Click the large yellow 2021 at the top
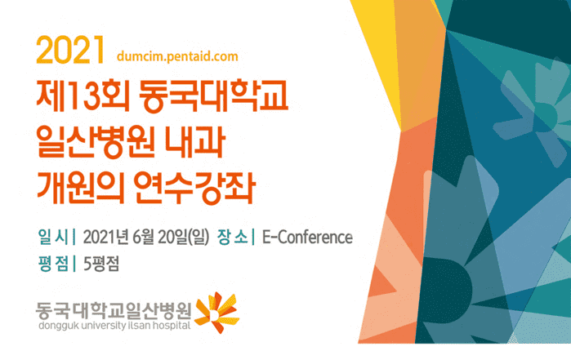click(x=70, y=50)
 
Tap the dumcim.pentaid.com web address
click(x=177, y=56)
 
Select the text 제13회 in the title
click(x=83, y=96)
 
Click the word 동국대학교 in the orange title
click(x=213, y=96)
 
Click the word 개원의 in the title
click(x=80, y=188)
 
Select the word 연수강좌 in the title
click(x=194, y=188)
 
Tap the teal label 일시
click(x=53, y=237)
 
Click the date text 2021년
click(x=106, y=238)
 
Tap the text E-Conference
click(x=307, y=238)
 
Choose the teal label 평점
click(x=53, y=264)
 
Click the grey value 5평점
click(x=101, y=264)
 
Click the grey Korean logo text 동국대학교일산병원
click(x=114, y=310)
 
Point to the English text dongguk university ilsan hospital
click(x=114, y=326)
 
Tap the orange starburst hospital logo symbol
click(x=217, y=313)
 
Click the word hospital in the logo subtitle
click(x=172, y=326)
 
